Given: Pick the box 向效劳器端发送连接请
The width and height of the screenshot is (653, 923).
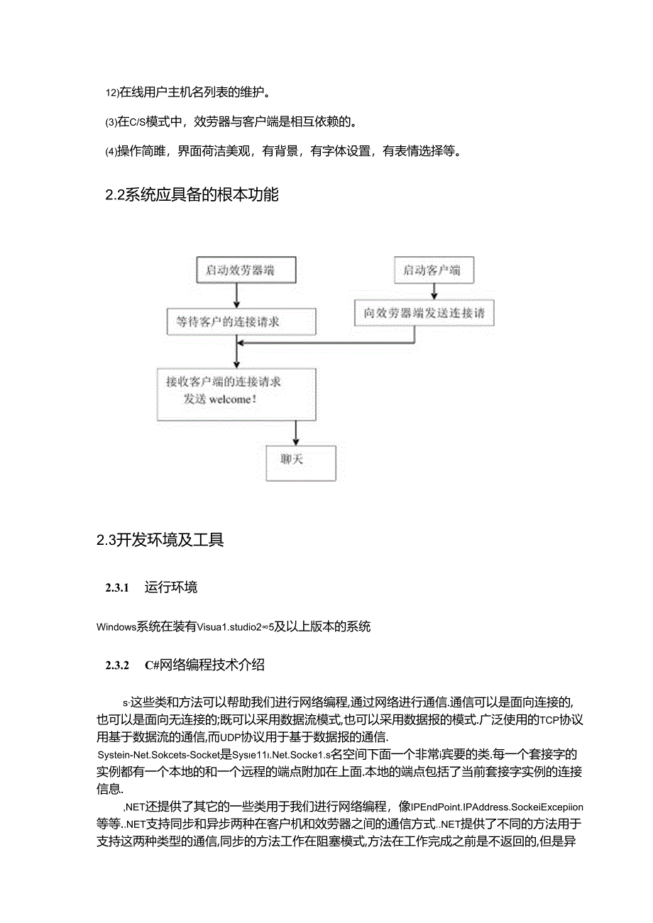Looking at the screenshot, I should coord(424,311).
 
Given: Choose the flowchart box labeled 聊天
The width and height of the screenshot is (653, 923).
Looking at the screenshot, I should coord(300,463).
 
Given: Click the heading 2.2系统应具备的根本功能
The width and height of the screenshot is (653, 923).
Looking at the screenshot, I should coord(192,194).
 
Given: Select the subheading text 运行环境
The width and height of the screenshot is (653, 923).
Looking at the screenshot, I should coord(170,587).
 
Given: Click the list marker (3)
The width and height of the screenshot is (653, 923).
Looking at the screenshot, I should coord(111,122).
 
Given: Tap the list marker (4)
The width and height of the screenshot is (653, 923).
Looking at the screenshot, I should coord(111,151).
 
